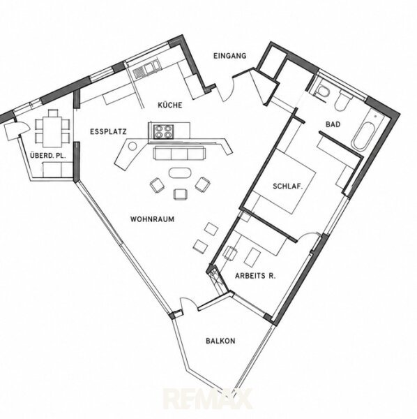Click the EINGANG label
pyautogui.click(x=229, y=56)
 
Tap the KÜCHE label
pyautogui.click(x=170, y=105)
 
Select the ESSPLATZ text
pyautogui.click(x=108, y=131)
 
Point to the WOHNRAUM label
pyautogui.click(x=152, y=219)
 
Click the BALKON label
pyautogui.click(x=220, y=341)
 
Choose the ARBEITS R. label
pyautogui.click(x=255, y=276)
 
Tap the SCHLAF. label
pyautogui.click(x=288, y=186)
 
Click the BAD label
pyautogui.click(x=333, y=124)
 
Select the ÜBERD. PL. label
pyautogui.click(x=47, y=156)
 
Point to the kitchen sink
pyautogui.click(x=146, y=69)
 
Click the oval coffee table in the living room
pyautogui.click(x=180, y=172)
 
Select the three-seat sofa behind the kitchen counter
pyautogui.click(x=179, y=153)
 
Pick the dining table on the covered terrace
pyautogui.click(x=52, y=129)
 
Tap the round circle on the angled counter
pyautogui.click(x=132, y=146)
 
